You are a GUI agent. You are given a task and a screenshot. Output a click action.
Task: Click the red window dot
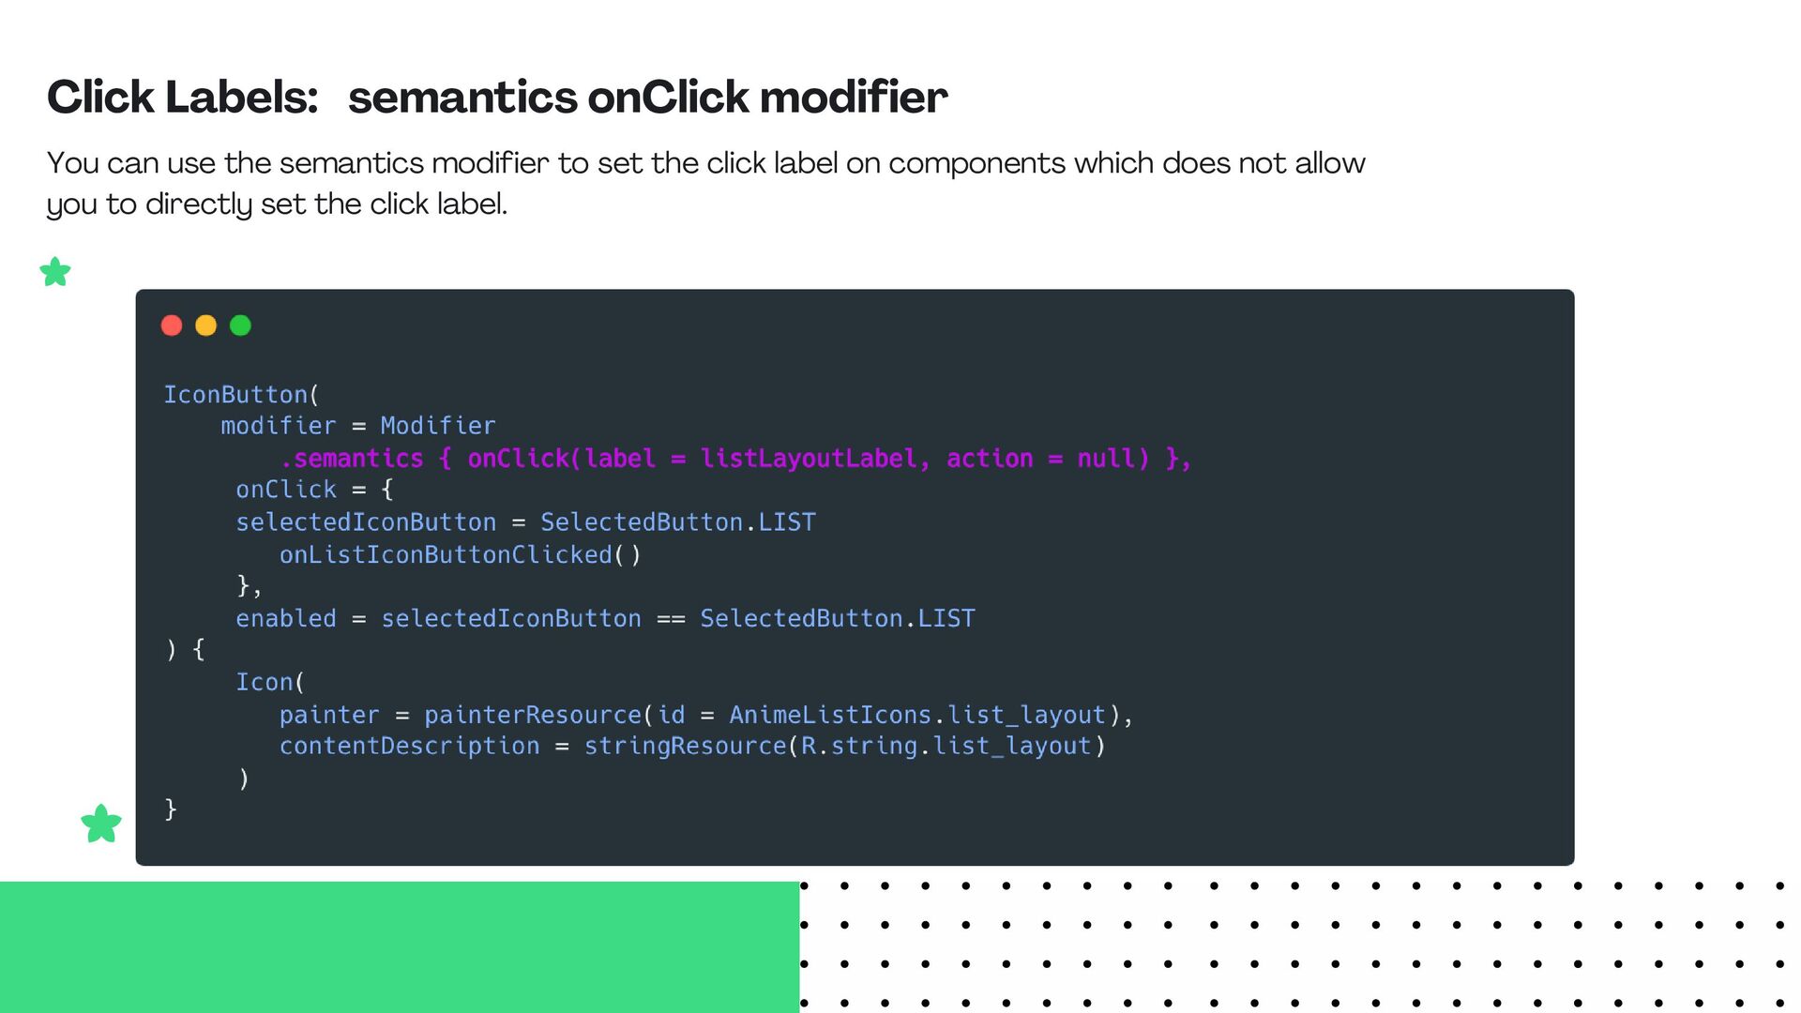pyautogui.click(x=172, y=325)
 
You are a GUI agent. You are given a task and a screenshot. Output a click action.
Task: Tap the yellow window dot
pyautogui.click(x=205, y=325)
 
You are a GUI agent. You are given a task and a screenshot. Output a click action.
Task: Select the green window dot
pyautogui.click(x=240, y=325)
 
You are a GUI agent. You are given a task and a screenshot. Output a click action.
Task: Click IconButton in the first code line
pyautogui.click(x=235, y=395)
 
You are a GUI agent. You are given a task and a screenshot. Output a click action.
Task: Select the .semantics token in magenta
pyautogui.click(x=352, y=459)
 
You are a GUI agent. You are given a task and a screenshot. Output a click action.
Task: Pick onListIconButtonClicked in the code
pyautogui.click(x=446, y=555)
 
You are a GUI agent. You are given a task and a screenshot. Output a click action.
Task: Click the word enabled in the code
pyautogui.click(x=286, y=619)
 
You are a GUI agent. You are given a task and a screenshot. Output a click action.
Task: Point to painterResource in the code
pyautogui.click(x=533, y=716)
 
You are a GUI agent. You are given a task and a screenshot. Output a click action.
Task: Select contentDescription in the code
pyautogui.click(x=409, y=747)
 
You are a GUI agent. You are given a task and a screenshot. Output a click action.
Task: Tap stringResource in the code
pyautogui.click(x=685, y=747)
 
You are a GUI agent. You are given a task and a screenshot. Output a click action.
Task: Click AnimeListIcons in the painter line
pyautogui.click(x=830, y=716)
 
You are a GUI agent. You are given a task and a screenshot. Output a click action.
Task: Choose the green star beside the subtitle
pyautogui.click(x=55, y=272)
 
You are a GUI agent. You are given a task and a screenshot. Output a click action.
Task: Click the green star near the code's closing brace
pyautogui.click(x=101, y=824)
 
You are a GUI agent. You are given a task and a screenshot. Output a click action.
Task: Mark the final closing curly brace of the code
pyautogui.click(x=171, y=809)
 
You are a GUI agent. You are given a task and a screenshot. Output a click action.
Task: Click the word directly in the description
pyautogui.click(x=199, y=204)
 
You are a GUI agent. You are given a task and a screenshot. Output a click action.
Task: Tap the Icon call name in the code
pyautogui.click(x=265, y=683)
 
